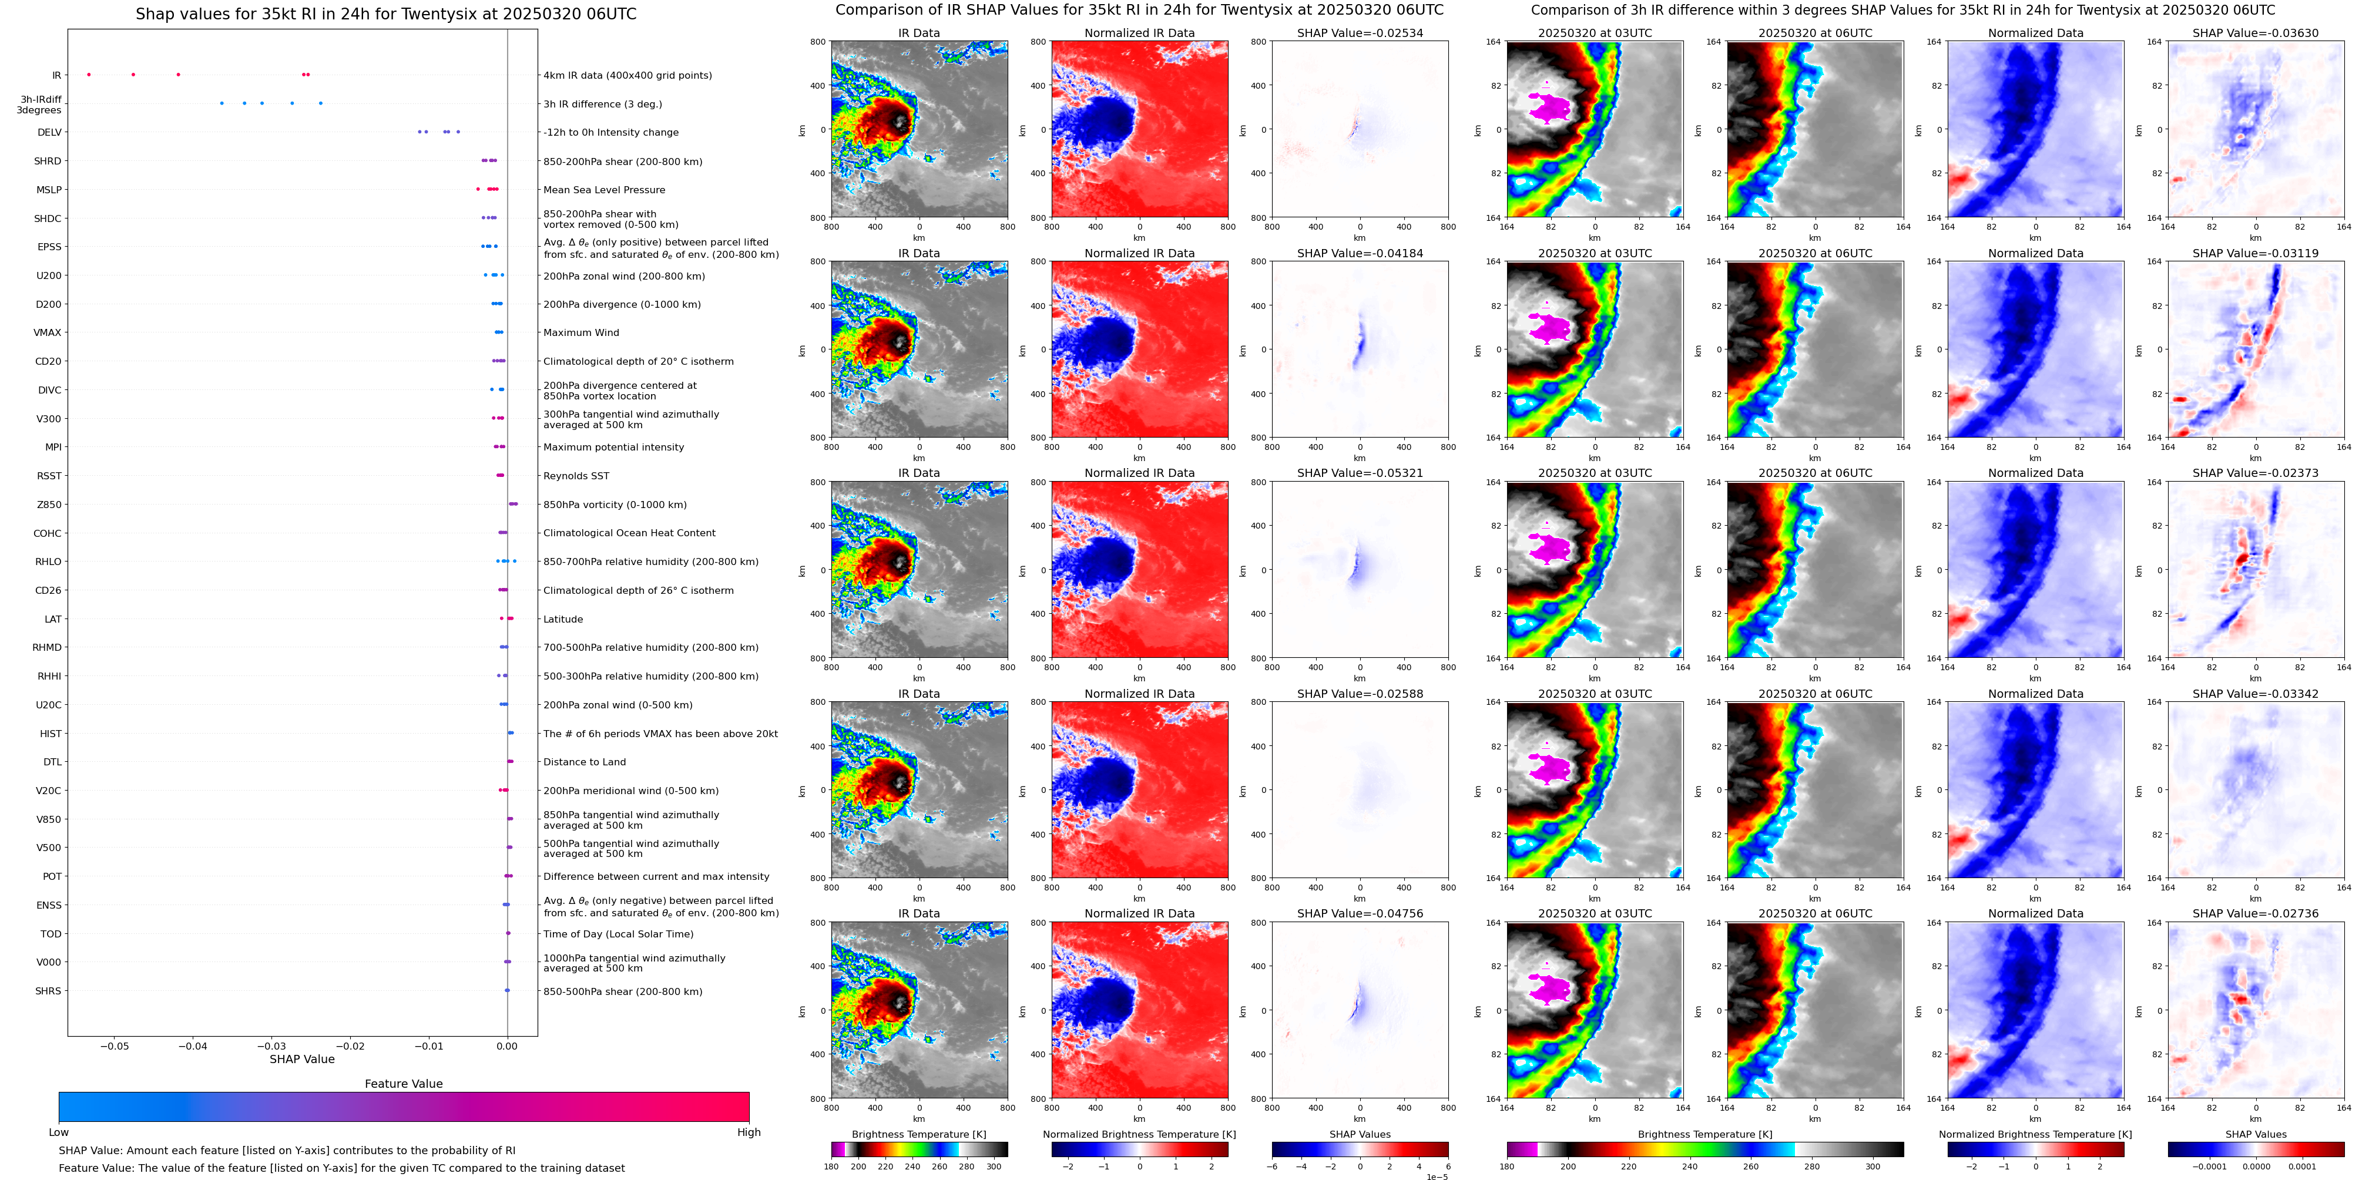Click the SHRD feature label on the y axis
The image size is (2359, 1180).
tap(48, 161)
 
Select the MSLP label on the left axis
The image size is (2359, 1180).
tap(49, 190)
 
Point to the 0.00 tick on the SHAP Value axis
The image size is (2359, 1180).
tap(507, 1045)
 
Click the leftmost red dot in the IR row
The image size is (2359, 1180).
tap(89, 74)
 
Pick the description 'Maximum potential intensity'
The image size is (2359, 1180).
tap(613, 447)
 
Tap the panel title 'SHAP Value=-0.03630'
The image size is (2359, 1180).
tap(2256, 33)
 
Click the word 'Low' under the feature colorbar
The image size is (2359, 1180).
tap(59, 1132)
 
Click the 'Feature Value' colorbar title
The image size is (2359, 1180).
tap(403, 1084)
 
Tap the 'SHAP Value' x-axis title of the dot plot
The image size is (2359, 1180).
tap(302, 1059)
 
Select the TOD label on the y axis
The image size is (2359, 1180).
tap(51, 934)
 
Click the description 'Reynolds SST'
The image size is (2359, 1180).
tap(576, 476)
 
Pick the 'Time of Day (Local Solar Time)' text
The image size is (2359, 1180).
tap(618, 934)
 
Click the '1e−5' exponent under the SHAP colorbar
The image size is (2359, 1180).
tap(1437, 1176)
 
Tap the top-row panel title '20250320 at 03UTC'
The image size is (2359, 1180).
tap(1595, 33)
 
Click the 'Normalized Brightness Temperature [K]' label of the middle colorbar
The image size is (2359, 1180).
tap(1139, 1134)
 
